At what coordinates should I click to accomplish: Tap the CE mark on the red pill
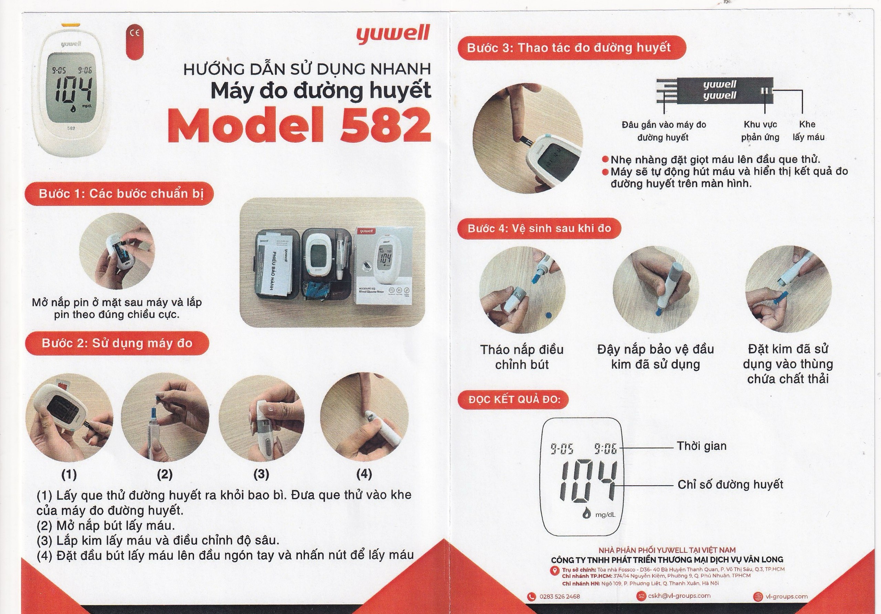[x=136, y=33]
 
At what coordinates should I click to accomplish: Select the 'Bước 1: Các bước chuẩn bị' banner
[x=119, y=194]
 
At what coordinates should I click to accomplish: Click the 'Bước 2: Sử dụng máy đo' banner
[x=117, y=343]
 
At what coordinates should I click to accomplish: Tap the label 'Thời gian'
[x=701, y=446]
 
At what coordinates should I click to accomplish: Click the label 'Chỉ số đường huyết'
[x=730, y=484]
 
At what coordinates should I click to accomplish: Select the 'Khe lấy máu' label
[x=808, y=131]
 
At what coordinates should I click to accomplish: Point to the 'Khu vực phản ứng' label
[x=760, y=131]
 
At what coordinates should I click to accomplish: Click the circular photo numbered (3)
[x=261, y=418]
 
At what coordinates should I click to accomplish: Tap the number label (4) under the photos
[x=364, y=474]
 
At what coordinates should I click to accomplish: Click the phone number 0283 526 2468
[x=560, y=596]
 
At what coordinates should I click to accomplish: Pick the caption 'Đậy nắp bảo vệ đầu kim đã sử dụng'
[x=655, y=357]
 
